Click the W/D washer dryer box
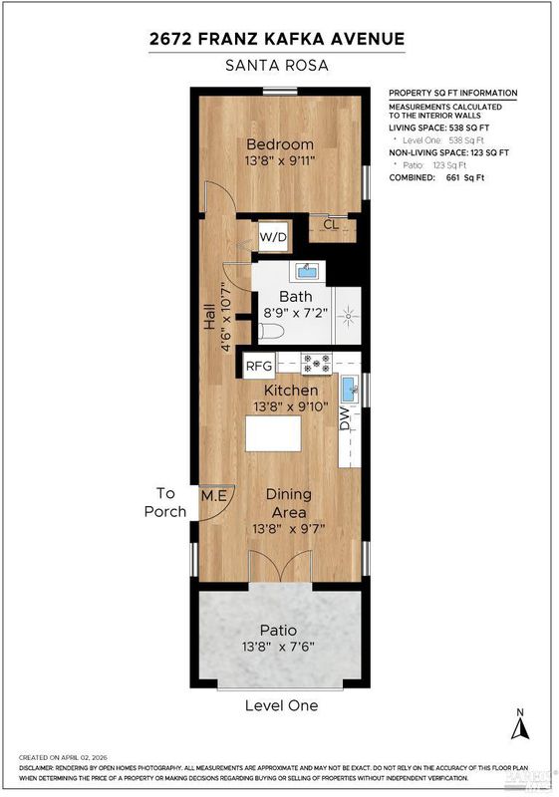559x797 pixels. point(273,237)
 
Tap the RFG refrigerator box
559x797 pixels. point(259,366)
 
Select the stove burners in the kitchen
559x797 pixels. point(317,364)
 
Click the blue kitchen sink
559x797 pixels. point(349,389)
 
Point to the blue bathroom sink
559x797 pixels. point(307,271)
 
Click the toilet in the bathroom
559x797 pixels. point(268,332)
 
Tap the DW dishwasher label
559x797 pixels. point(345,418)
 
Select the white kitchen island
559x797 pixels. point(273,433)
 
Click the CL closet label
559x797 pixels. point(331,224)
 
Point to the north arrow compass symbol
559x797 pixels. point(520,726)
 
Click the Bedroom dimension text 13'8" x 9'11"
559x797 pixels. point(280,161)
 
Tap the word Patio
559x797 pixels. point(278,631)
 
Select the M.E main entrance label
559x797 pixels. point(214,495)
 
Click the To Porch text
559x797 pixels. point(165,502)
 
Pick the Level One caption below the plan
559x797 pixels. point(282,705)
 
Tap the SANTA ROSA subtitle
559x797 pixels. point(277,66)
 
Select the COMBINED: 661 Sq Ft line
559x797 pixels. point(436,178)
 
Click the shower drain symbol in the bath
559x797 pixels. point(348,316)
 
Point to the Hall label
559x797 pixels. point(209,316)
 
